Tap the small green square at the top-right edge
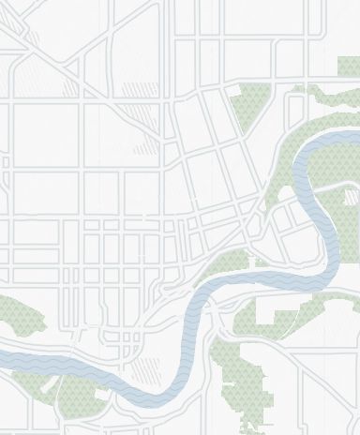point(348,67)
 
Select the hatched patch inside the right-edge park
point(351,198)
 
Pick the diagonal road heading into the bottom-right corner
point(337,412)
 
